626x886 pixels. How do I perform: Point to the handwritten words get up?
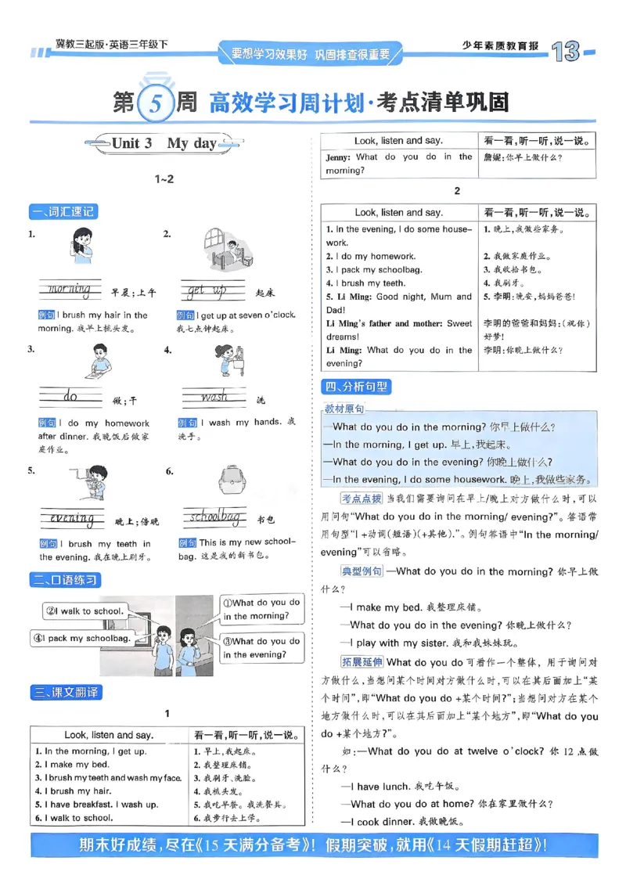[207, 291]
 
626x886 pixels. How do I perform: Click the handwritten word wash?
[214, 398]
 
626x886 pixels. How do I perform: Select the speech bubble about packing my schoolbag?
[81, 639]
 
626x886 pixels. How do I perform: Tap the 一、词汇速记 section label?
[65, 211]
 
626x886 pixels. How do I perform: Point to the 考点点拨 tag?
[362, 499]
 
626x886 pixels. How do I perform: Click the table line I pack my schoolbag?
[374, 269]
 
